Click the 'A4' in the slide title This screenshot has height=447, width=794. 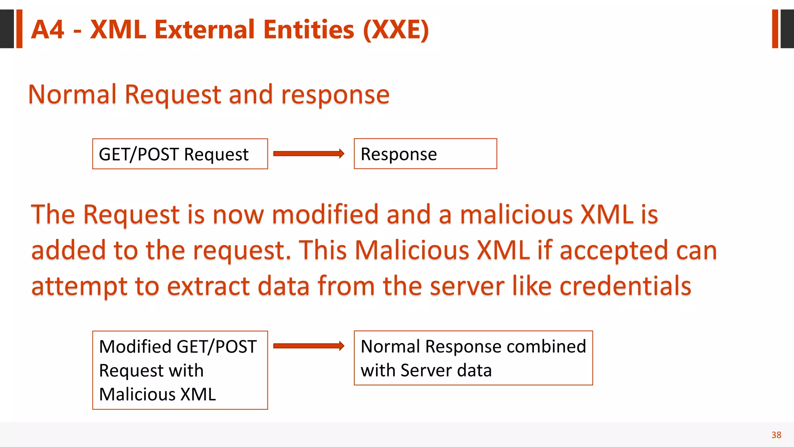coord(47,30)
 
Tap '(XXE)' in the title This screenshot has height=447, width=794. coord(395,30)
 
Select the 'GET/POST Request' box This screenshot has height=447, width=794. coord(180,154)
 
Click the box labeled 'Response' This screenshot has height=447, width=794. coord(425,154)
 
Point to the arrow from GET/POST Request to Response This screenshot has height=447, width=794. coord(308,154)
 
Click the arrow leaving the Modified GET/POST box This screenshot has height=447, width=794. coord(308,346)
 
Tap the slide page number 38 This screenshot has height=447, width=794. coord(776,435)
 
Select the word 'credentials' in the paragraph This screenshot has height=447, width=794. coord(625,286)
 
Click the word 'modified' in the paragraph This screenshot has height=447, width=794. coord(325,215)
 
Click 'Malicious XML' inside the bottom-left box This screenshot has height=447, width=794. coord(157,394)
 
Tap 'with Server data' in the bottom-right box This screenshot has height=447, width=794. coord(426,370)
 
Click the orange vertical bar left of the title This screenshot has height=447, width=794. coord(19,29)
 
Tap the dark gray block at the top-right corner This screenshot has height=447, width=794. coord(787,29)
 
